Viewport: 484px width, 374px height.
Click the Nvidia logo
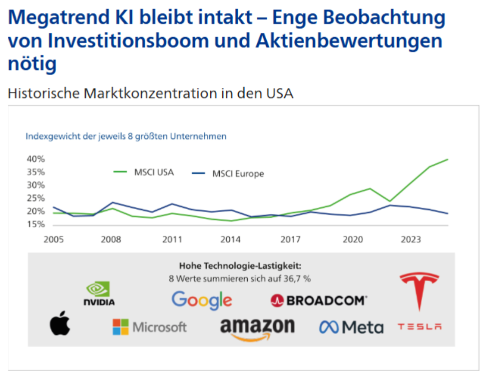(x=99, y=293)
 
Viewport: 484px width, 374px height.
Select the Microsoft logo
(x=149, y=327)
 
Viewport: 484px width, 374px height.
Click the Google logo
(x=202, y=300)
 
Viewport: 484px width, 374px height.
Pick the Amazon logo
(x=257, y=329)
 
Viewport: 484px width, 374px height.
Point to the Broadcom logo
(x=319, y=300)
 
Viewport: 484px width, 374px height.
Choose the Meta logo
(x=351, y=327)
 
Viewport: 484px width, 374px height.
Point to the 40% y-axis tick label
(x=35, y=159)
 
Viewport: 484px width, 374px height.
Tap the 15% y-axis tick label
(x=35, y=224)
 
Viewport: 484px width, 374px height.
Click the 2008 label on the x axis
(x=111, y=239)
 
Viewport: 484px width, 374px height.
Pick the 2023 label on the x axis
(x=411, y=239)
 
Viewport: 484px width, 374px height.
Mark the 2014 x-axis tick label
(x=231, y=239)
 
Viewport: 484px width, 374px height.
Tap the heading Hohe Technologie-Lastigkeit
(x=240, y=266)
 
